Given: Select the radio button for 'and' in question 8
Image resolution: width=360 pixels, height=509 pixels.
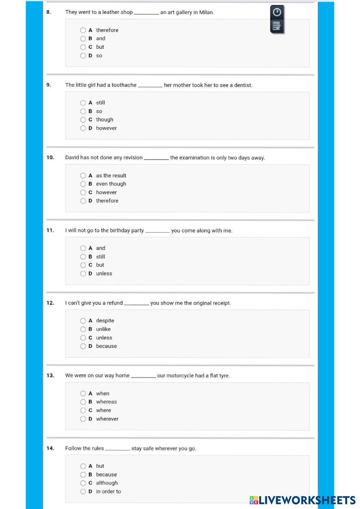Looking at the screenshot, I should tap(83, 38).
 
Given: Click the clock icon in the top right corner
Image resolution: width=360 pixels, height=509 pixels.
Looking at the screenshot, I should tap(277, 12).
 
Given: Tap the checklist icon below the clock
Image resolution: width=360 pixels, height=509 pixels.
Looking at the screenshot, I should tap(276, 26).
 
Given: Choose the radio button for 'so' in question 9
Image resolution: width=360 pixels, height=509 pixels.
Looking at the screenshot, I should tap(83, 111).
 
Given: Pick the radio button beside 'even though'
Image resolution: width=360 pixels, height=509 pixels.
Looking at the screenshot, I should tap(83, 184).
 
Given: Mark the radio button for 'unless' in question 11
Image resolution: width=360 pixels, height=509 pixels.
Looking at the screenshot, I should tap(83, 273).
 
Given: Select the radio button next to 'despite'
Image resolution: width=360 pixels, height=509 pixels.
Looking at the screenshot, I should tap(83, 321).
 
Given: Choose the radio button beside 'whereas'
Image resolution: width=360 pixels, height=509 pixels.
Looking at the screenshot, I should tap(83, 402).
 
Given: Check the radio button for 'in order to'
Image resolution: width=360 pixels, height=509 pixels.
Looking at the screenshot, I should tap(83, 491).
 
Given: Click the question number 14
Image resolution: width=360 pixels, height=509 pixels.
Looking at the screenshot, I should tap(50, 448).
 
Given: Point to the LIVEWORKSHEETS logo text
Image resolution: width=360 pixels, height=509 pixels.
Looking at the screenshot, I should tap(306, 500).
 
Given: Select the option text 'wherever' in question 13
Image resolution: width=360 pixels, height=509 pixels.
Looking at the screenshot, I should tap(107, 419).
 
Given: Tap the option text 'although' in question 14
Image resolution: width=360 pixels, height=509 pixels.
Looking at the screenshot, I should tap(107, 483).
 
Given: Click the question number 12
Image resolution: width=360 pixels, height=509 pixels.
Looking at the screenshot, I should tap(50, 303).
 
